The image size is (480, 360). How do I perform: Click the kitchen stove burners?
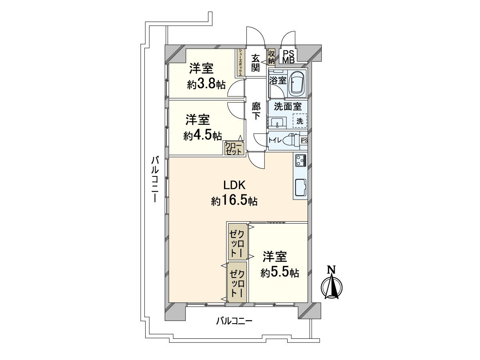pos(300,160)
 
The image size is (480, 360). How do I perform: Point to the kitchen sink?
pos(300,187)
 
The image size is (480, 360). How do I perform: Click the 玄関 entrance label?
pos(256,62)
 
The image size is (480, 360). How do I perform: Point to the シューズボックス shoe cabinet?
pos(240,62)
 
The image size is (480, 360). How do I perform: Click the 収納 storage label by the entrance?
pos(271,57)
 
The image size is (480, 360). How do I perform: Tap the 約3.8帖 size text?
pos(206,84)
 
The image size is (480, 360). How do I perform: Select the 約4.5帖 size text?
pos(203,136)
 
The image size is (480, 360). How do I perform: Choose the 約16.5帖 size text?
pos(234,201)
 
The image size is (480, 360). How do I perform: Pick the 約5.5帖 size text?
pos(280,273)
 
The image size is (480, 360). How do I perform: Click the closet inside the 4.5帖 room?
pos(234,148)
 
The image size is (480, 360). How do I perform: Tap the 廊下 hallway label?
pos(256,111)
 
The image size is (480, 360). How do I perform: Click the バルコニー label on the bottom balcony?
pos(234,321)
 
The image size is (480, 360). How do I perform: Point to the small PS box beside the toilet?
pos(304,140)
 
